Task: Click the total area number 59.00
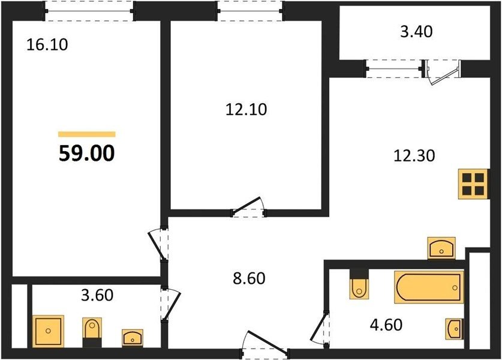87,154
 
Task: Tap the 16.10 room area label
47,44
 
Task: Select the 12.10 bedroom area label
246,109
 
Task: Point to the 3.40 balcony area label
416,31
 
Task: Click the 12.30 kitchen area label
414,155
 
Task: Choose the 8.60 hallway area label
249,278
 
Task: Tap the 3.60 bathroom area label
97,295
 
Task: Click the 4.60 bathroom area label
386,325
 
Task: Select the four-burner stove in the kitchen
473,184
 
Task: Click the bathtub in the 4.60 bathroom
429,287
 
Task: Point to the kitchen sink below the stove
441,248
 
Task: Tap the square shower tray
49,331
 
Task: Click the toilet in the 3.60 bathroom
92,332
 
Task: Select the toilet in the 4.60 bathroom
359,284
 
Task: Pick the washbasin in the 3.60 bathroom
133,338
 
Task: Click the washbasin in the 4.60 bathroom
455,329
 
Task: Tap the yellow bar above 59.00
87,134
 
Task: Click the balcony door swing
443,73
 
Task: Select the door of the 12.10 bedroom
248,206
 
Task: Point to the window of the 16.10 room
89,11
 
